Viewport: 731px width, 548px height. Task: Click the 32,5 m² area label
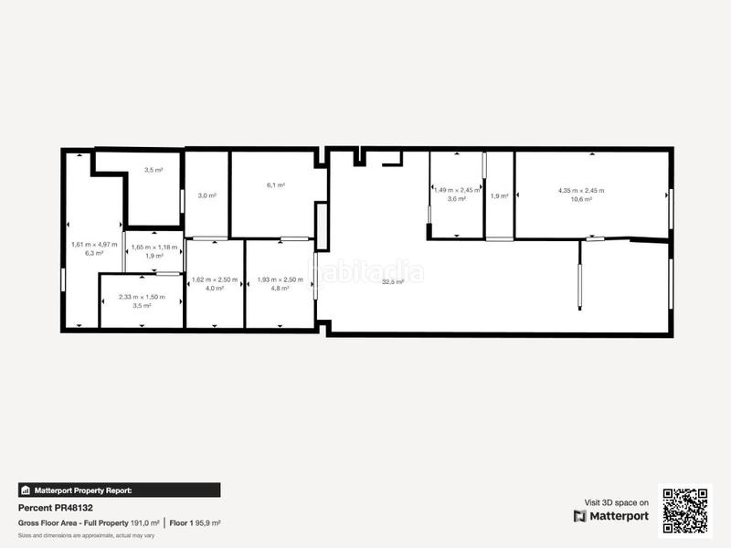click(x=394, y=282)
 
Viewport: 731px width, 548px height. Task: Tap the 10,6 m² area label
click(x=581, y=198)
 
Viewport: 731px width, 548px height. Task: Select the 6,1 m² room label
click(x=276, y=185)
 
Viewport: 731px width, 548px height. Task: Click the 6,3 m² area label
click(x=94, y=253)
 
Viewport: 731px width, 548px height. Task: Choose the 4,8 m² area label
click(x=280, y=288)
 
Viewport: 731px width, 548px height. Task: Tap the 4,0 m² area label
click(x=214, y=288)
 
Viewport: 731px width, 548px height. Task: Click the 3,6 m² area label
click(x=456, y=198)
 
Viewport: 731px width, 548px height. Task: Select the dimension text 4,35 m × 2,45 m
click(x=581, y=190)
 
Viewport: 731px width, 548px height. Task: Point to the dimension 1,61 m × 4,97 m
click(x=94, y=244)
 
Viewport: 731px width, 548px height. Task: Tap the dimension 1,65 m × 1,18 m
click(x=154, y=247)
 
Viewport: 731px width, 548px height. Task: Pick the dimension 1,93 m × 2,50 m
click(x=280, y=279)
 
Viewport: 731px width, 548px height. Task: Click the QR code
click(x=685, y=509)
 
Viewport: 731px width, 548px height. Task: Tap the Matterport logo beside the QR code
click(x=611, y=516)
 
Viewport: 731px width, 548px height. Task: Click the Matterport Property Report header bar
click(x=119, y=490)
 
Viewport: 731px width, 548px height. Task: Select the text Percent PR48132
click(x=56, y=508)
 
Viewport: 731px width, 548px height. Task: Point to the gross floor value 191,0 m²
click(x=144, y=523)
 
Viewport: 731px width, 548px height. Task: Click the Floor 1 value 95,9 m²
click(x=207, y=523)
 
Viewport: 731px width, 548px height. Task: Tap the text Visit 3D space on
click(x=616, y=502)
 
